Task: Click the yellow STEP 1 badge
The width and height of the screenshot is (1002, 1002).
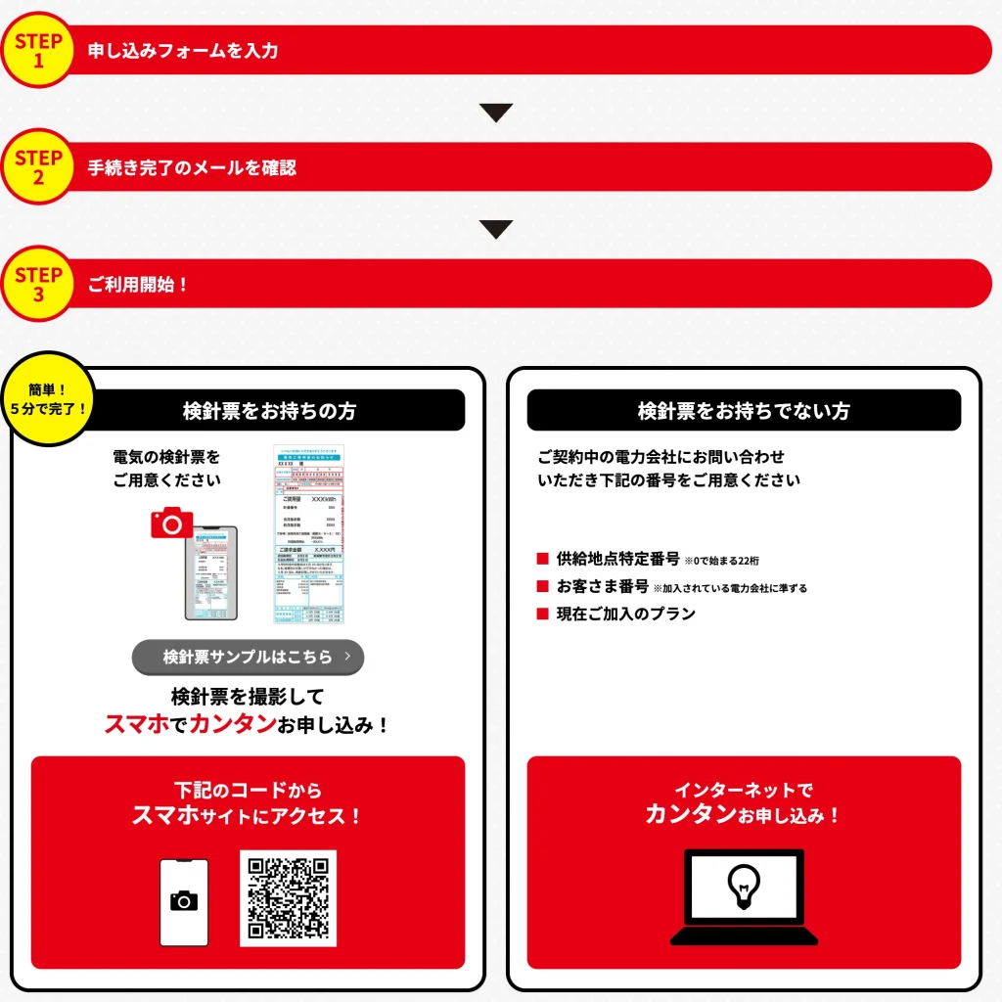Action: pos(38,50)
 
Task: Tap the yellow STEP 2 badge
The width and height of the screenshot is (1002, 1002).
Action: pos(38,167)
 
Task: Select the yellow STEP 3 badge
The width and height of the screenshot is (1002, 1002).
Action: pos(38,284)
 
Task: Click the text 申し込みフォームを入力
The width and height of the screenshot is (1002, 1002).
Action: pos(183,51)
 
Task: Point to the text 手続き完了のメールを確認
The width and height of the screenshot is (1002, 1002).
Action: pos(192,167)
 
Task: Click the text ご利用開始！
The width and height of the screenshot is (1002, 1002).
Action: pos(138,285)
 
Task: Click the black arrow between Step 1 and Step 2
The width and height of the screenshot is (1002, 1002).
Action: pos(496,113)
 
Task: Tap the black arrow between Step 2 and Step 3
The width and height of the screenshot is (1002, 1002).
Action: pos(496,230)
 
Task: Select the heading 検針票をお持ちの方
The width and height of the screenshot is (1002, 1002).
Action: pos(269,411)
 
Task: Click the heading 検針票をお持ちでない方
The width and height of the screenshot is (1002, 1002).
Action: pos(744,411)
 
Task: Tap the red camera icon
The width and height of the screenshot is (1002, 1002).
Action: pos(172,524)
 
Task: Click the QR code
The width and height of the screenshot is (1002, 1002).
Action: pos(288,898)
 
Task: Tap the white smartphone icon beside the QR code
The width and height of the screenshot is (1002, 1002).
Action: pos(184,902)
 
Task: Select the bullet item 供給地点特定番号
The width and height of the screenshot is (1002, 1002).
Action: pos(617,559)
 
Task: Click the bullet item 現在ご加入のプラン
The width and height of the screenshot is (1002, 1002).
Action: pos(625,614)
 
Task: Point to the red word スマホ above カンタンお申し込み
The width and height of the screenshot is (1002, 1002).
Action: pos(136,725)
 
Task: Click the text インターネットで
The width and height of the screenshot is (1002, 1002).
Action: pos(744,790)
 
